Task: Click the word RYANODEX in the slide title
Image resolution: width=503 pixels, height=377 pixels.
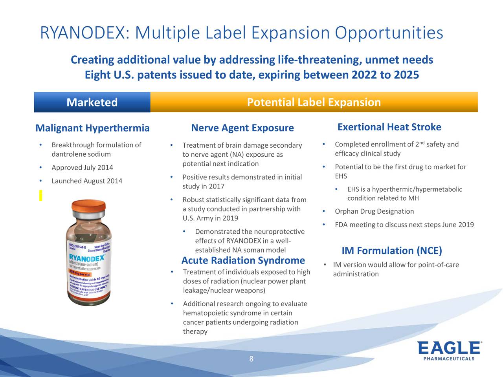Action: [83, 33]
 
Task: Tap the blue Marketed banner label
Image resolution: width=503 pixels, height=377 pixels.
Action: [92, 102]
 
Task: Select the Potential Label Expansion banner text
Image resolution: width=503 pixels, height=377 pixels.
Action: [314, 102]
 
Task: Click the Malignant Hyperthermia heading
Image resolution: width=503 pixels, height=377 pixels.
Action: [92, 128]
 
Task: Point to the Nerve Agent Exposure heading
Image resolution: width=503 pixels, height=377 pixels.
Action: [242, 128]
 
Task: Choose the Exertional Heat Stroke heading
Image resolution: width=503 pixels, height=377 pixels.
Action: [389, 127]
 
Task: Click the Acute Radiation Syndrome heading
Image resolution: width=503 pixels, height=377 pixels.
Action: [243, 260]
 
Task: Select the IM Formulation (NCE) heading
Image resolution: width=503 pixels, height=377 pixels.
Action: [391, 251]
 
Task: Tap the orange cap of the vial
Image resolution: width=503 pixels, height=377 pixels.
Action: [89, 207]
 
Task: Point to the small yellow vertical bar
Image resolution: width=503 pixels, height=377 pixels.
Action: [40, 195]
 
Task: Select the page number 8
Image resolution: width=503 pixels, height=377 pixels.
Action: [251, 359]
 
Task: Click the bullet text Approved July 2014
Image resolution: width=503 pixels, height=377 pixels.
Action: [82, 168]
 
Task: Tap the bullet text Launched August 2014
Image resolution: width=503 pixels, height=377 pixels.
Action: [87, 181]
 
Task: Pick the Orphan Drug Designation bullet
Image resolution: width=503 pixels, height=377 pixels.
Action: [374, 212]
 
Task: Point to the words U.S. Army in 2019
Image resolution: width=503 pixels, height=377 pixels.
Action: [210, 218]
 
